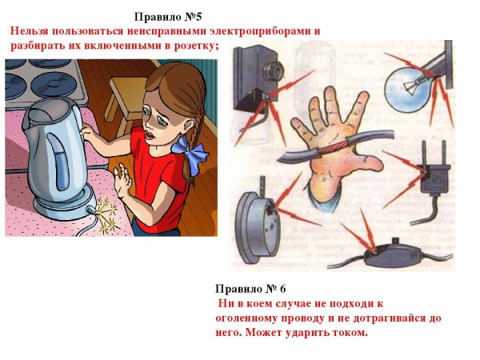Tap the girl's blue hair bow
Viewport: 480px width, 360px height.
point(192,152)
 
